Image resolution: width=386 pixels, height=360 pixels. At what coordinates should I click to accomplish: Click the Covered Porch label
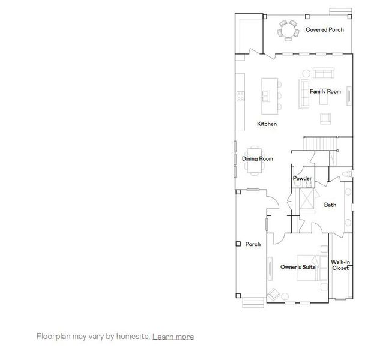point(324,29)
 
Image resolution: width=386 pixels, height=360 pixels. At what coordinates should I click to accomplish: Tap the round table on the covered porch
point(288,29)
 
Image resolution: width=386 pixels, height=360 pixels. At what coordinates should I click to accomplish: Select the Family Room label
point(325,92)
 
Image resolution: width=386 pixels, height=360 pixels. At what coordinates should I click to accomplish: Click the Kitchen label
point(267,124)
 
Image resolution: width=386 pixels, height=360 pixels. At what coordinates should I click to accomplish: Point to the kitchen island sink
point(266,95)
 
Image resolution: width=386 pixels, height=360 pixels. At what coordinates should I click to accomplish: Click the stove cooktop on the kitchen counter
point(241,95)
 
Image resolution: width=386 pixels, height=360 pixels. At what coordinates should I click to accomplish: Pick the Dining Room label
point(257,159)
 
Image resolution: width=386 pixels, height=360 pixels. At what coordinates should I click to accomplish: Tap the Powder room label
point(302,179)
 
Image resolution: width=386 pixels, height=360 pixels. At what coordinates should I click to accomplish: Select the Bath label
point(330,205)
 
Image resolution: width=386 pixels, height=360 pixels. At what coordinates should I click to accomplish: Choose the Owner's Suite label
point(298,267)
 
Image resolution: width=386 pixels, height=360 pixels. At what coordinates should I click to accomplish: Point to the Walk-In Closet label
point(340,265)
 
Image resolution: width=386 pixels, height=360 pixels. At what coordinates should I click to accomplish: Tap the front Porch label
point(253,244)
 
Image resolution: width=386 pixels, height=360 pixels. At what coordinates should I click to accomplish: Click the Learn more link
point(173,337)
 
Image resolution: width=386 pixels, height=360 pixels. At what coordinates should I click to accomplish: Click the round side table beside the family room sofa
point(306,73)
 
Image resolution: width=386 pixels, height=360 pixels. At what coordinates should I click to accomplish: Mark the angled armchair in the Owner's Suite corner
point(274,295)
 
